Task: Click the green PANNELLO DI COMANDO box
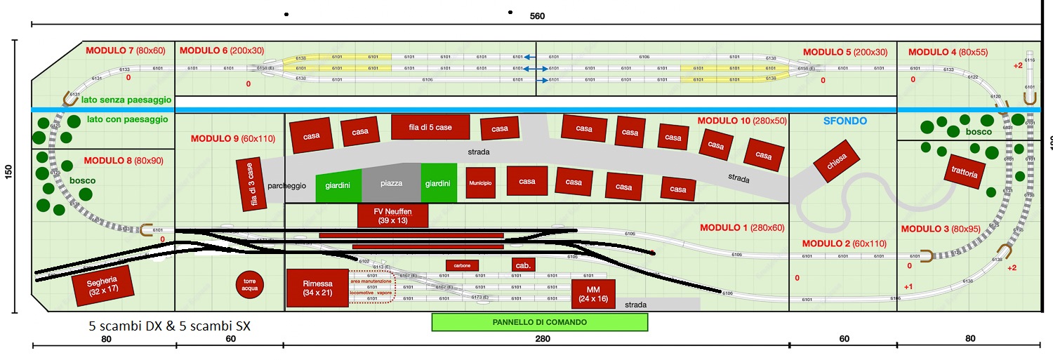539,322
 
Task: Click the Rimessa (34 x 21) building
317,288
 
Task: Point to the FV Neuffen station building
392,215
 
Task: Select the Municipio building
485,182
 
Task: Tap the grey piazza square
391,184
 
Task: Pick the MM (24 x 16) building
593,294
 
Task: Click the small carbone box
462,265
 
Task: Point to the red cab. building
523,265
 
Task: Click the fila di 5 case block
430,127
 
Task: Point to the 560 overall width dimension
538,16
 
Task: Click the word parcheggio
286,186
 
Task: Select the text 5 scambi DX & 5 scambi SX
170,326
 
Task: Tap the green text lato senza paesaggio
126,100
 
